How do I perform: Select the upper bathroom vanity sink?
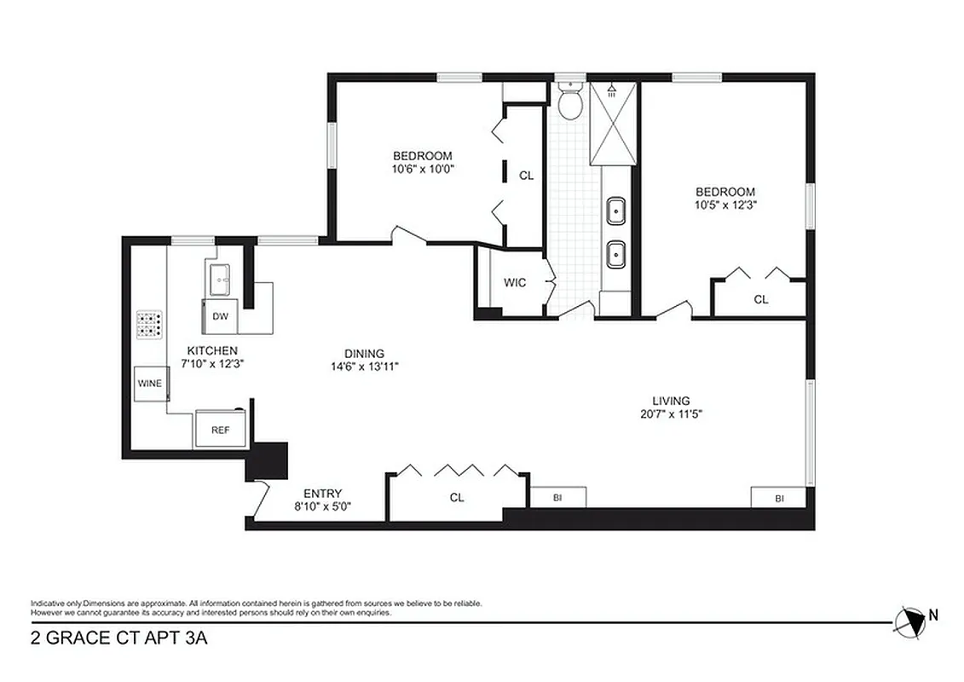pyautogui.click(x=615, y=209)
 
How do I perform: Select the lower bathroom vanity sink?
pyautogui.click(x=615, y=251)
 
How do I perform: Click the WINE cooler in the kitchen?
pyautogui.click(x=150, y=384)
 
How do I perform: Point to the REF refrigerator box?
pyautogui.click(x=221, y=430)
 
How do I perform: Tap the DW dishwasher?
pyautogui.click(x=220, y=316)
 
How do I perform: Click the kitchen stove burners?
pyautogui.click(x=150, y=323)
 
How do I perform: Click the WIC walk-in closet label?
pyautogui.click(x=515, y=283)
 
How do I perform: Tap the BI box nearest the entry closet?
pyautogui.click(x=557, y=497)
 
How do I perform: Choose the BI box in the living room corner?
pyautogui.click(x=778, y=498)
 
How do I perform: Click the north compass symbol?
pyautogui.click(x=912, y=620)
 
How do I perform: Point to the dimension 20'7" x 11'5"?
pyautogui.click(x=671, y=414)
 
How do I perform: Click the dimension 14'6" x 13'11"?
pyautogui.click(x=364, y=367)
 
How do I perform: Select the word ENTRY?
pyautogui.click(x=322, y=493)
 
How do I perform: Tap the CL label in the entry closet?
pyautogui.click(x=457, y=498)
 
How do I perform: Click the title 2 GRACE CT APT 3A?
pyautogui.click(x=118, y=638)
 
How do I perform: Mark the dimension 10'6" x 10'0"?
pyautogui.click(x=422, y=169)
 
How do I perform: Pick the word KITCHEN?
pyautogui.click(x=212, y=350)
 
